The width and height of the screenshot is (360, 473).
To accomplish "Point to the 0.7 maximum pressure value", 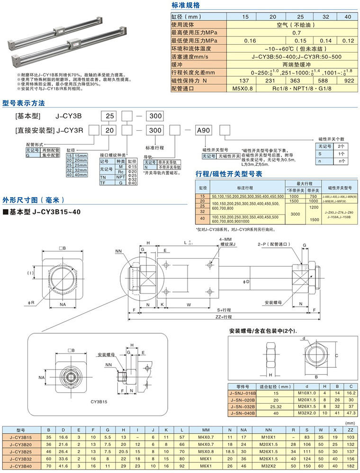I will click(x=297, y=32).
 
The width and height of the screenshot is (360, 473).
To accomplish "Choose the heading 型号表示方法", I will click(x=24, y=102).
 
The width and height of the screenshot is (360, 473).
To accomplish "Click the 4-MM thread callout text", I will click(x=226, y=243).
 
